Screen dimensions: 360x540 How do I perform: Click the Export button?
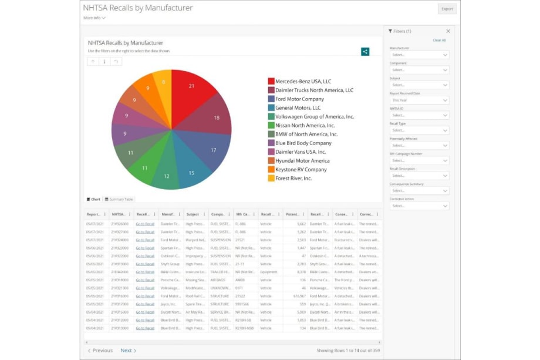(x=447, y=9)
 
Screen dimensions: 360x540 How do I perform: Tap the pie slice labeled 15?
(x=190, y=171)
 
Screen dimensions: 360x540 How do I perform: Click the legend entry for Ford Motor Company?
(x=299, y=99)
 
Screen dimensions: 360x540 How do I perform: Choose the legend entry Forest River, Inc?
(x=293, y=179)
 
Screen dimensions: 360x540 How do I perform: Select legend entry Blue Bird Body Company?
(x=303, y=143)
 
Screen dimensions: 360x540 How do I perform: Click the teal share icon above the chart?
(x=365, y=52)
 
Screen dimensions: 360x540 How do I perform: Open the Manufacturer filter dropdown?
(x=419, y=55)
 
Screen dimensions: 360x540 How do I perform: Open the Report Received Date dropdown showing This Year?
(x=419, y=100)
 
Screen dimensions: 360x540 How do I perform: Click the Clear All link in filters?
(x=439, y=41)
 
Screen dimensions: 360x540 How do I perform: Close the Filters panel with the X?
(x=448, y=31)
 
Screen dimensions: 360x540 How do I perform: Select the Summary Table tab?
(x=119, y=199)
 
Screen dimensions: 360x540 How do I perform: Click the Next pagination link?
(x=129, y=351)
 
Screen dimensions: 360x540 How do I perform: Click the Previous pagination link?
(x=100, y=351)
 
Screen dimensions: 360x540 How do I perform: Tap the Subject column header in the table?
(x=192, y=214)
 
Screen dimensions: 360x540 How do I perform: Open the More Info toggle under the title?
(x=95, y=18)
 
